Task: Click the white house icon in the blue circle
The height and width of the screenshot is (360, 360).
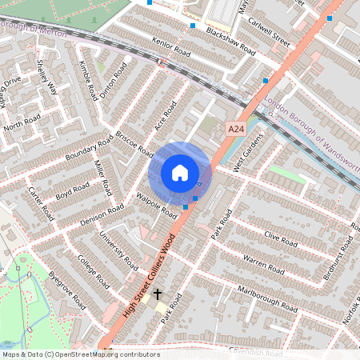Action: [x=180, y=172]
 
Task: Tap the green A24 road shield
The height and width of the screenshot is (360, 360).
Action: [x=236, y=129]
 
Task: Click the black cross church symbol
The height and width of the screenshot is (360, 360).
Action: [x=158, y=295]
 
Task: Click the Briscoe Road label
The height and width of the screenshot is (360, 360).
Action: [x=134, y=142]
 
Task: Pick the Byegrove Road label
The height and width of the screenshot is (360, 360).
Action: [x=66, y=290]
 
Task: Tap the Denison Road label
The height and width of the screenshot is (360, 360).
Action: [x=102, y=214]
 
